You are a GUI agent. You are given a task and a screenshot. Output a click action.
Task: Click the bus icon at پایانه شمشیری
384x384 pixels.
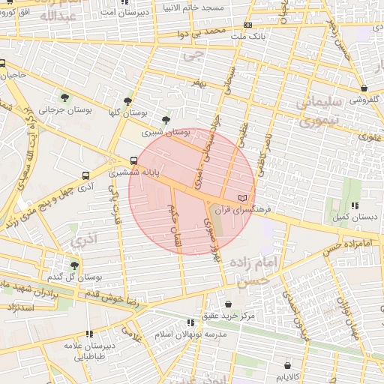tap(133, 160)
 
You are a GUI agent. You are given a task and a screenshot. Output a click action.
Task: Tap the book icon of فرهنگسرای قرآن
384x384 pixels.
tap(241, 197)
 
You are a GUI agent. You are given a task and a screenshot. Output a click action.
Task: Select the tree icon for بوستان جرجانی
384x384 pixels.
tap(64, 97)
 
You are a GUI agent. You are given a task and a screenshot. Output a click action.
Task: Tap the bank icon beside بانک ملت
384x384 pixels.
tap(248, 25)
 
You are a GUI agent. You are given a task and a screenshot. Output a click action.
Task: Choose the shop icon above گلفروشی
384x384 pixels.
tap(364, 88)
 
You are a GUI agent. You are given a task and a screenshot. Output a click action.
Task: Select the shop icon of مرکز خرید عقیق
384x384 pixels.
tap(227, 304)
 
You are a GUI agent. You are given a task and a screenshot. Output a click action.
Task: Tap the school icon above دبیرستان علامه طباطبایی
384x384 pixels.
tap(89, 334)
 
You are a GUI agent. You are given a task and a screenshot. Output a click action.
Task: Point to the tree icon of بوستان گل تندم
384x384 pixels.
tap(73, 265)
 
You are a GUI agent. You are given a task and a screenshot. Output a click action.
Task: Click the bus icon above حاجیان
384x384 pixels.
tap(3, 63)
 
